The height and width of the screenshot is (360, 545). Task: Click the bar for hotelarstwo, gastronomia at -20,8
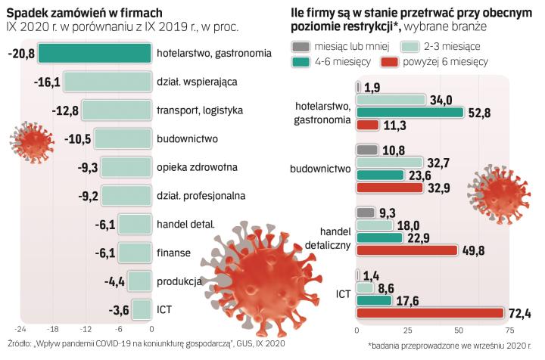94,54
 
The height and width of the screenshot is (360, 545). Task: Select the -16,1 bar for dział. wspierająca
107,82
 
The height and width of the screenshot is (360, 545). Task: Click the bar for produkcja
139,281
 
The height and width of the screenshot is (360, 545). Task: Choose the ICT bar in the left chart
142,309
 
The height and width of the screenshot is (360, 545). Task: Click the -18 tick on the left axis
52,331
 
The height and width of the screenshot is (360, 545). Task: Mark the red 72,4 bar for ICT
429,312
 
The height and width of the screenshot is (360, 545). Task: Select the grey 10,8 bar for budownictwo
366,150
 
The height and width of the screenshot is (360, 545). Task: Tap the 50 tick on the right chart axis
459,331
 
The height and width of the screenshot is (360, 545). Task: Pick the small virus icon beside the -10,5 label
30,139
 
